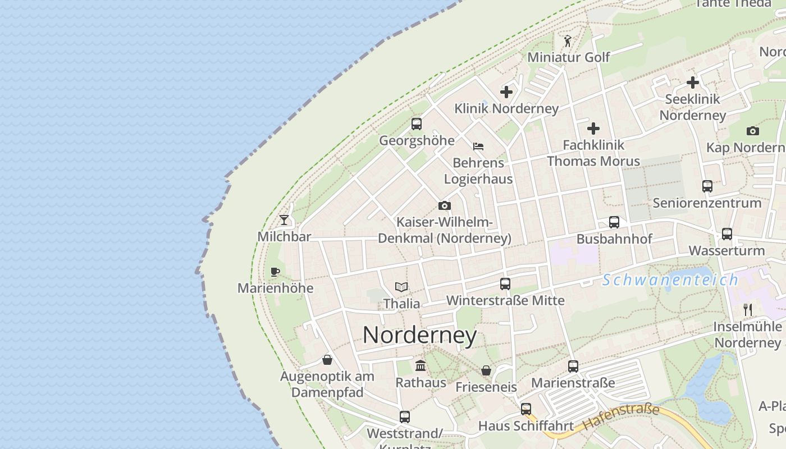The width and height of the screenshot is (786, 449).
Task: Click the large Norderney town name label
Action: click(x=419, y=335)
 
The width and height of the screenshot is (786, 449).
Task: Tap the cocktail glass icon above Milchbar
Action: click(x=284, y=219)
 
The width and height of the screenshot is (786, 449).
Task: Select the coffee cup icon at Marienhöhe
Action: click(x=275, y=272)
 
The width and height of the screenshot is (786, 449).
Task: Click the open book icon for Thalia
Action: click(x=401, y=287)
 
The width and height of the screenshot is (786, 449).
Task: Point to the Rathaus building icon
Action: click(x=420, y=366)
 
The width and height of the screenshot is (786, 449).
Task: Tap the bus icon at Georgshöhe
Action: click(x=416, y=124)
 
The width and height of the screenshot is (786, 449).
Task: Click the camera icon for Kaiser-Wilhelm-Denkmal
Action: click(x=444, y=205)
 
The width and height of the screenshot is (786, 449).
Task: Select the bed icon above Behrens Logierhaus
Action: click(x=478, y=146)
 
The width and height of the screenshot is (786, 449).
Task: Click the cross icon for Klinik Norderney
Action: click(x=506, y=92)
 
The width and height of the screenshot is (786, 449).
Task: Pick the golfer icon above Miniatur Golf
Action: click(x=568, y=41)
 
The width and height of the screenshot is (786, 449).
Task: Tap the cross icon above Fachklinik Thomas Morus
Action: click(x=593, y=129)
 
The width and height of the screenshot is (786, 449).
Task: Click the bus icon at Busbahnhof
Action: click(x=614, y=222)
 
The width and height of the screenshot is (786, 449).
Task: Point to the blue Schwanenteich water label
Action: click(x=670, y=280)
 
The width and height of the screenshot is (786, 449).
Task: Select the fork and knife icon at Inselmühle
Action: click(x=747, y=309)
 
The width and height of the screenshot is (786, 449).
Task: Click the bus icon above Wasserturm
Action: click(x=726, y=233)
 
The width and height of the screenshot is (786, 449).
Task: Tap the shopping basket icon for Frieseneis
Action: click(x=486, y=370)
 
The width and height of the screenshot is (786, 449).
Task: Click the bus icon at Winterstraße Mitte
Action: click(x=505, y=284)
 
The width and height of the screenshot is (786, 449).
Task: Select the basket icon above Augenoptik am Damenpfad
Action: click(x=327, y=360)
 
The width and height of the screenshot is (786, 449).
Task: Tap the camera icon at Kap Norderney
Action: click(x=752, y=131)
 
